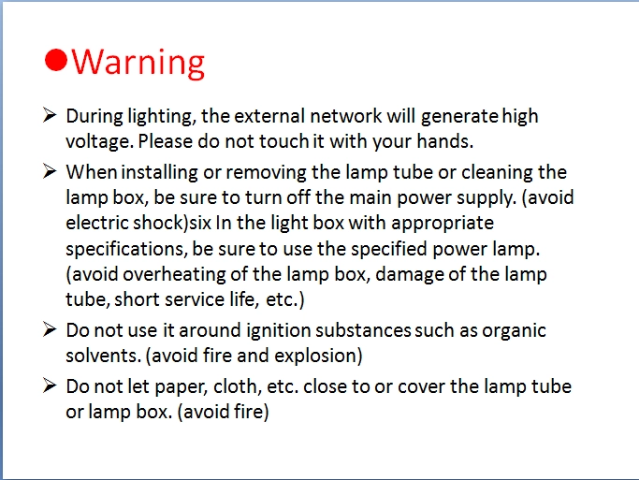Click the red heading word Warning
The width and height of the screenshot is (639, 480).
(x=138, y=63)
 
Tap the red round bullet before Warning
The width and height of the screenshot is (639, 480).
(x=55, y=60)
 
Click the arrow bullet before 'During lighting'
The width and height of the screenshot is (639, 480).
(x=50, y=115)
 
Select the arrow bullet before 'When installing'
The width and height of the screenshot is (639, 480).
(x=50, y=171)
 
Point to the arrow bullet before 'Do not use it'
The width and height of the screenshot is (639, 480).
(x=50, y=329)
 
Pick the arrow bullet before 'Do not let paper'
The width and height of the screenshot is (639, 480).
(x=50, y=385)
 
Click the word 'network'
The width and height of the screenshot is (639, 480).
(x=346, y=116)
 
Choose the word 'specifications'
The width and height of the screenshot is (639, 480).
(x=124, y=250)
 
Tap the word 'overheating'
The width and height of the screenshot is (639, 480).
(x=174, y=275)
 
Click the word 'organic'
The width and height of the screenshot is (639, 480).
(x=514, y=331)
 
